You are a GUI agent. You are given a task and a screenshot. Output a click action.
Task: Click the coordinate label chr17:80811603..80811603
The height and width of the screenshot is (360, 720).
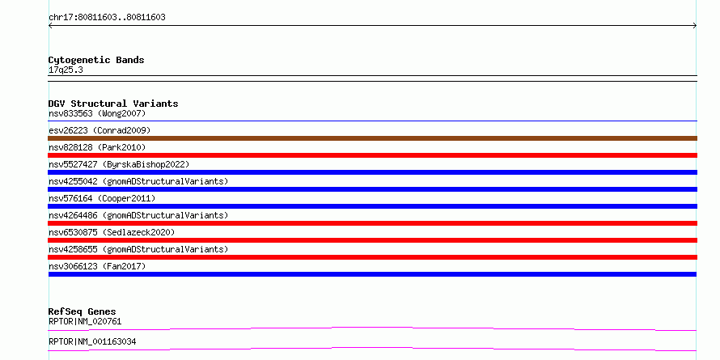(x=107, y=18)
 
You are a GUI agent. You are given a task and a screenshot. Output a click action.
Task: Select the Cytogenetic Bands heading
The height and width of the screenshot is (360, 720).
(x=96, y=60)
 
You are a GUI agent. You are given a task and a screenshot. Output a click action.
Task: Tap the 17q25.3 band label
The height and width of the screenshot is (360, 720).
(x=66, y=70)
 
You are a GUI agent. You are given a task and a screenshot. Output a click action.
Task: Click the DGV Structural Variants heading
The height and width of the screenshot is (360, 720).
(x=113, y=104)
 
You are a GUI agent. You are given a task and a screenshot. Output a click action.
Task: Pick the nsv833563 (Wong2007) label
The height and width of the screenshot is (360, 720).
(x=97, y=113)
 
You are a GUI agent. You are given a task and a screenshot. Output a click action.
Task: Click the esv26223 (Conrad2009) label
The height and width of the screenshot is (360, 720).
(x=100, y=130)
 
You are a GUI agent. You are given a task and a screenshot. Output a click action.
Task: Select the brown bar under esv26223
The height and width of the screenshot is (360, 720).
(x=372, y=138)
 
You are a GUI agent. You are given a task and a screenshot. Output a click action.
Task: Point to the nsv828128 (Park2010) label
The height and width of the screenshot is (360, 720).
(x=97, y=147)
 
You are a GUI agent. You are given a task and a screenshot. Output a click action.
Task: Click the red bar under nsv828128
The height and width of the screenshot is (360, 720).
(x=372, y=155)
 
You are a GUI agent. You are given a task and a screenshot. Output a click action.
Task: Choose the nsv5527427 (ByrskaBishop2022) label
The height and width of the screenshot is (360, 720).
(x=119, y=164)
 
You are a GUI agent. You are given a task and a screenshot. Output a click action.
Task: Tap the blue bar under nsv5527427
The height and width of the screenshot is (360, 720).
(x=372, y=172)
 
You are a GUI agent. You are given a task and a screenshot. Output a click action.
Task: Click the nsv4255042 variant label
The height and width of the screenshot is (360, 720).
(x=138, y=181)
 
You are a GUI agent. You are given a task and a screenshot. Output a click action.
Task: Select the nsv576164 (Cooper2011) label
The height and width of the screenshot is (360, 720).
(x=102, y=198)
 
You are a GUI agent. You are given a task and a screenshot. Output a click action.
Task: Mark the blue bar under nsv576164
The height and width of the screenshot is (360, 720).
(x=372, y=206)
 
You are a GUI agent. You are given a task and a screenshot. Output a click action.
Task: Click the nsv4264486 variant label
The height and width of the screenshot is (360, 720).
(x=138, y=215)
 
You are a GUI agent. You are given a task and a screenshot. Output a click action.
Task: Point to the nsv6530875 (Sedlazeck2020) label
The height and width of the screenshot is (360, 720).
(x=112, y=232)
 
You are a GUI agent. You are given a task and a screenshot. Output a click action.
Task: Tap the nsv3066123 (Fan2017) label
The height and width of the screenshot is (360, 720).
(x=97, y=266)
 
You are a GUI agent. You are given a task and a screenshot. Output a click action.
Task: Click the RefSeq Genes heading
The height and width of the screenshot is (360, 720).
(x=83, y=311)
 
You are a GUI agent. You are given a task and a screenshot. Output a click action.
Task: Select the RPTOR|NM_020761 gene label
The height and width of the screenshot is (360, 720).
(x=85, y=321)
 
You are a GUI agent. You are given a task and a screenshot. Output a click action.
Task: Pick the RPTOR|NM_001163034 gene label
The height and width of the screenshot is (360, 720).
(x=92, y=341)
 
